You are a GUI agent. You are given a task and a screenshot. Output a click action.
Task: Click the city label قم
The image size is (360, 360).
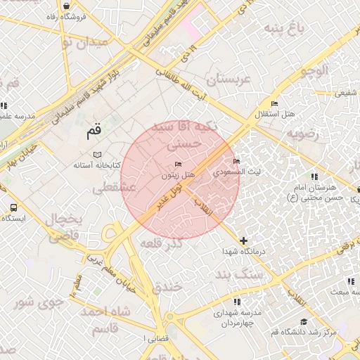click(x=94, y=130)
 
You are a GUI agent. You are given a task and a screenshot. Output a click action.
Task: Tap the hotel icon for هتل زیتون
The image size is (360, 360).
click(x=177, y=164)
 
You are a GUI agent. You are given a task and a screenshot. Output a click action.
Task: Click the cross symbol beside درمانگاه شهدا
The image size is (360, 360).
click(x=244, y=241)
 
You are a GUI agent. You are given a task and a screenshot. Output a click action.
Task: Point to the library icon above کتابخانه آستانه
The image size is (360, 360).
click(x=97, y=154)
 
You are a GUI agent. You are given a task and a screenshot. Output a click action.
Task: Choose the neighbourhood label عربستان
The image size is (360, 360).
click(x=224, y=79)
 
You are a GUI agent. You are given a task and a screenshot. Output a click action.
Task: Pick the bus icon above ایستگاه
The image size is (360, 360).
click(x=13, y=208)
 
